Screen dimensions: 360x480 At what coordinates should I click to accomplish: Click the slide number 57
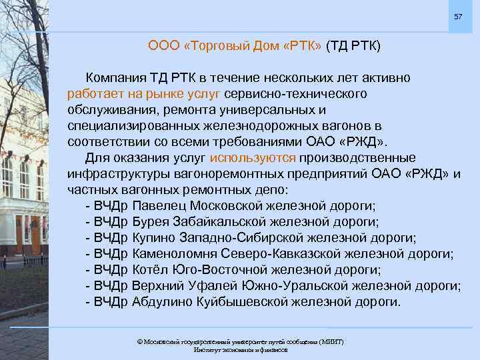457,16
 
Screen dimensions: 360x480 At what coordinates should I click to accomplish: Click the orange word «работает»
94,94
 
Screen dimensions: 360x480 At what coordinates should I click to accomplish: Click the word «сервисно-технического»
297,94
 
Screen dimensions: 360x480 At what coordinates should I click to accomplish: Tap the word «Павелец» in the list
159,206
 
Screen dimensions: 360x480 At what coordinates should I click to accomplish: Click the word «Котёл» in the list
151,270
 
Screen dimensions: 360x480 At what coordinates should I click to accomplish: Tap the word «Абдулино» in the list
163,302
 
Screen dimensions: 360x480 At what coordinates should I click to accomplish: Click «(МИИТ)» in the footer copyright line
331,341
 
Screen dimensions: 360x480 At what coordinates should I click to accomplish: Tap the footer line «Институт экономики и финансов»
240,350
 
